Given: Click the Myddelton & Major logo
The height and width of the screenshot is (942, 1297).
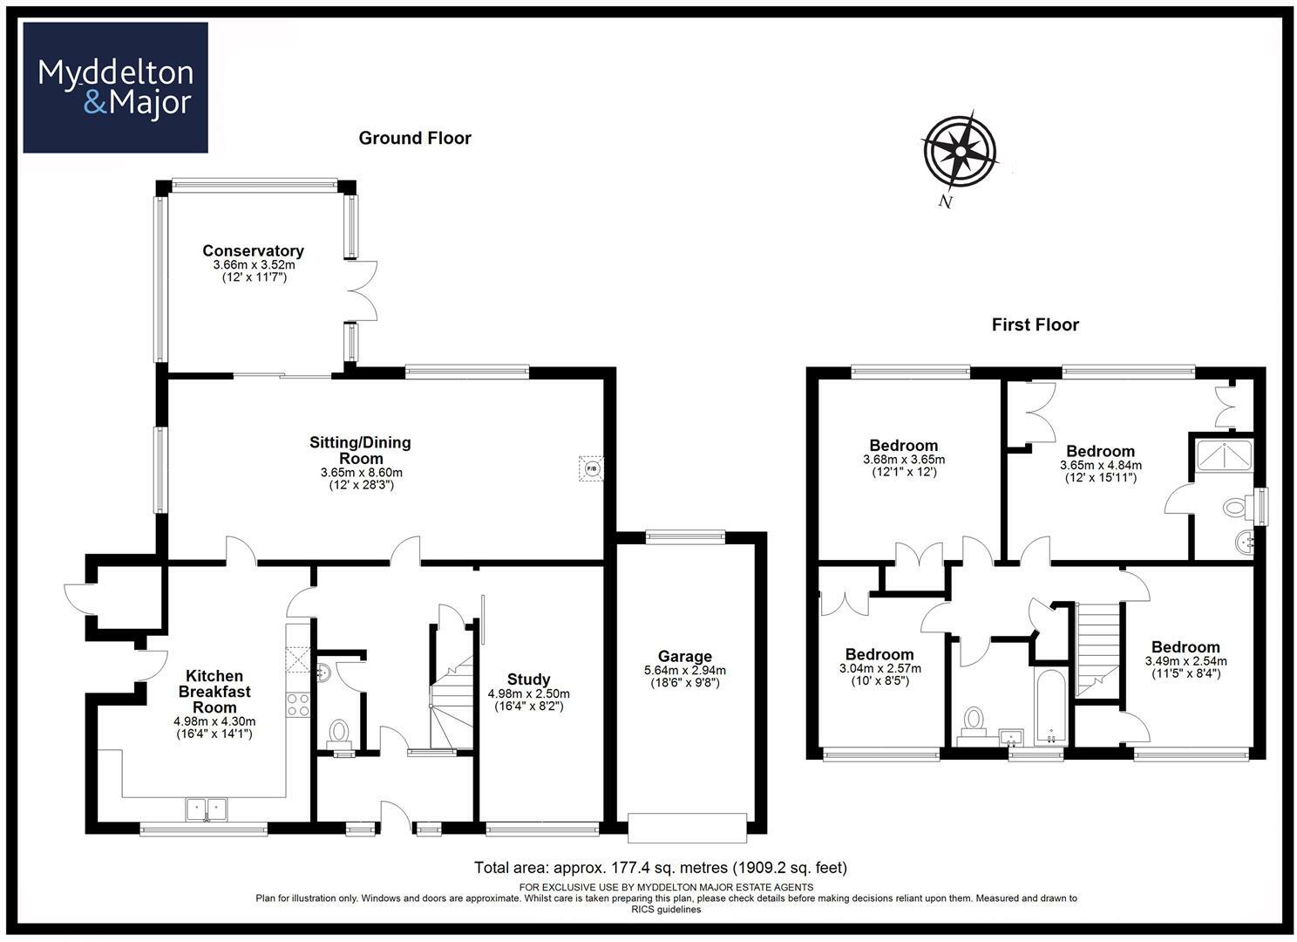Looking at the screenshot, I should click(115, 88).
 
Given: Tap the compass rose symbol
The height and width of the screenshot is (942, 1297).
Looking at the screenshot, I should click(959, 151).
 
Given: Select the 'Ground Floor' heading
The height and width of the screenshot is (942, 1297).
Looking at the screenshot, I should click(415, 138).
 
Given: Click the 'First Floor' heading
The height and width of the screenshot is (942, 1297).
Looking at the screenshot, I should click(1035, 324).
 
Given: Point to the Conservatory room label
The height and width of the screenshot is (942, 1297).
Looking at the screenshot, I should click(253, 251).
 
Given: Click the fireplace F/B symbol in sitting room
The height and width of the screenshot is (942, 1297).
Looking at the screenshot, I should click(592, 468).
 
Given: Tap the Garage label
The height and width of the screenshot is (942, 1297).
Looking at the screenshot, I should click(684, 657).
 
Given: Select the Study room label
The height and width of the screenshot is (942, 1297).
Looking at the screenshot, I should click(528, 679).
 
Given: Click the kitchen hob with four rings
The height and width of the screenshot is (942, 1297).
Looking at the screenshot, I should click(298, 704).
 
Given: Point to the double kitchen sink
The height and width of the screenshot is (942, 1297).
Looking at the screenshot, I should click(206, 809).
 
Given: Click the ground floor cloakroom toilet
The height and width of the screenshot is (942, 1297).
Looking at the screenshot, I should click(338, 733).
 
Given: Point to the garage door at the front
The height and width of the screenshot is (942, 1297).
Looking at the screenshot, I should click(687, 828).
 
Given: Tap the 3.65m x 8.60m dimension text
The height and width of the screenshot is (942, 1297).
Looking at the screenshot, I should click(361, 473).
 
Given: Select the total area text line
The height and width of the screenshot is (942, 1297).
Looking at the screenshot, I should click(660, 868).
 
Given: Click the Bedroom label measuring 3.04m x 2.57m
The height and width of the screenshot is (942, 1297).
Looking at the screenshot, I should click(879, 654).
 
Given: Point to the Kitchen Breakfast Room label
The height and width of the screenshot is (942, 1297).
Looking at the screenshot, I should click(214, 691).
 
